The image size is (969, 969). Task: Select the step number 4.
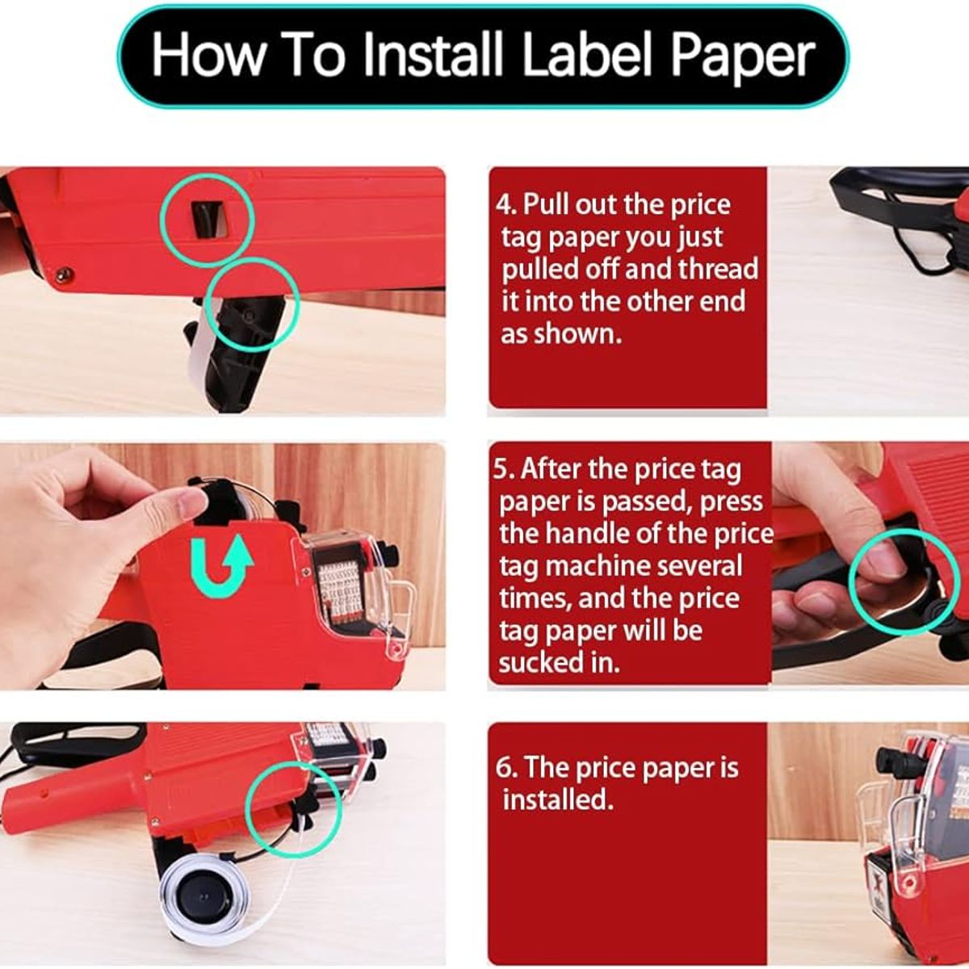tap(505, 205)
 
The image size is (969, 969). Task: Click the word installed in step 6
tap(558, 799)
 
